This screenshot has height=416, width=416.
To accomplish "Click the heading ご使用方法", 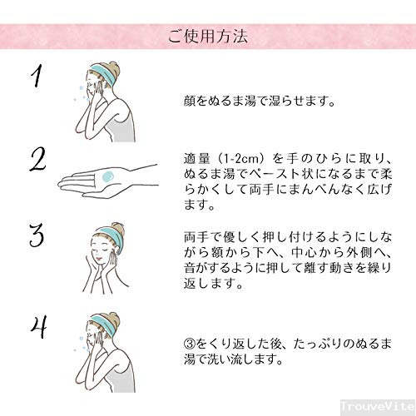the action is (x=207, y=37).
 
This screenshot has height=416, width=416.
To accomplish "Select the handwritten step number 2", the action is (x=37, y=160).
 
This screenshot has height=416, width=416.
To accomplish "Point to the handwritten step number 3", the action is (x=37, y=235).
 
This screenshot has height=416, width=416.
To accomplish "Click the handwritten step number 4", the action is (x=38, y=327).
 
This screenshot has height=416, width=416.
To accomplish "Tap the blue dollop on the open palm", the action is (x=107, y=176).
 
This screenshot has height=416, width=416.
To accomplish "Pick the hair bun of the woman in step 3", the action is (x=118, y=229).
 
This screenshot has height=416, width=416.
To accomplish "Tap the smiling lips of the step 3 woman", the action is (x=98, y=258).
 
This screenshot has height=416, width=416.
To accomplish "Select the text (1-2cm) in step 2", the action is (x=240, y=159).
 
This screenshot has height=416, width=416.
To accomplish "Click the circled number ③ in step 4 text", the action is (x=190, y=344).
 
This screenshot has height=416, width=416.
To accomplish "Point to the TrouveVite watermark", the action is (x=378, y=407).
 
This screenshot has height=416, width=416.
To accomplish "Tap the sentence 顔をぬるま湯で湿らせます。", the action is (x=260, y=101).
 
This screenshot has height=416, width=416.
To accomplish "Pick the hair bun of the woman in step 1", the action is (x=115, y=68).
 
